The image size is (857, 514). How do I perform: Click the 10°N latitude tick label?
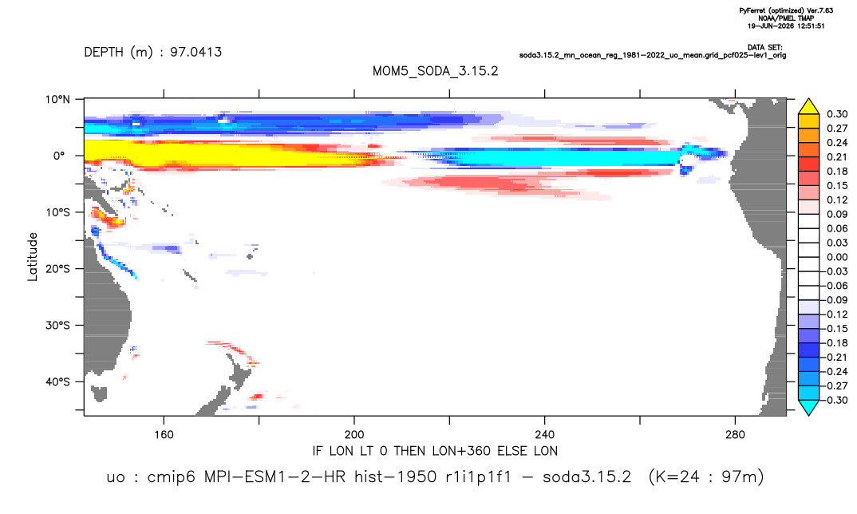(x=57, y=99)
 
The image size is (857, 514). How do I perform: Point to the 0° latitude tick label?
(x=59, y=156)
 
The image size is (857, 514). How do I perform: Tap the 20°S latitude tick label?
(x=57, y=268)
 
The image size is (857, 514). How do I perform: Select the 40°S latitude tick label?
(x=57, y=382)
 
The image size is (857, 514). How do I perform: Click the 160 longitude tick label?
(x=164, y=435)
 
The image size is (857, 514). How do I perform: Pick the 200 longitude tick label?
(x=354, y=435)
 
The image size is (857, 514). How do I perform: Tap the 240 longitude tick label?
(x=545, y=435)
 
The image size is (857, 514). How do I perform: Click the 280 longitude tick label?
(x=735, y=435)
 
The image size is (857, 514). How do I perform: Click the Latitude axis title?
(x=33, y=256)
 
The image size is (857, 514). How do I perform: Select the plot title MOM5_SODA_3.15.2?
(x=435, y=71)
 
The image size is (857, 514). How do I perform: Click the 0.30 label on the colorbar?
(x=837, y=114)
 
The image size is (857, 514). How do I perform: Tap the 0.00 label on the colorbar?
(x=837, y=257)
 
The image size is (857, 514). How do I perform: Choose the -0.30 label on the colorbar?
(x=835, y=400)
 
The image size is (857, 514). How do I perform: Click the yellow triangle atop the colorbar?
(x=808, y=107)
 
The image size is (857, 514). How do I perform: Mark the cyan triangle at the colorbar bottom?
(x=808, y=407)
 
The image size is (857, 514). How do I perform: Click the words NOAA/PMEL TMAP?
(x=786, y=18)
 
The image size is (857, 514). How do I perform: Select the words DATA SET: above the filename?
(x=764, y=48)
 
